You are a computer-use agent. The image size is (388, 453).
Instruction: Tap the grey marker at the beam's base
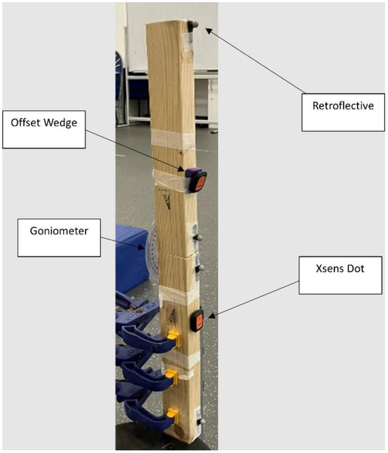coord(200,421)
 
